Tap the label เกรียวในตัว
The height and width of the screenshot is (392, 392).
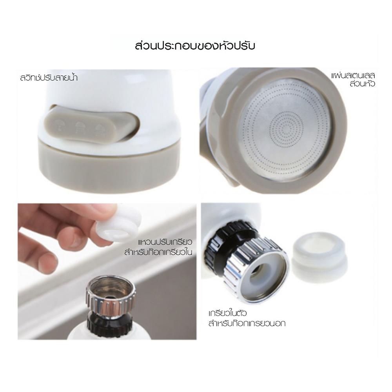click(227, 314)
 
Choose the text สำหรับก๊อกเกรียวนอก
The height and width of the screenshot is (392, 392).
click(247, 324)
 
